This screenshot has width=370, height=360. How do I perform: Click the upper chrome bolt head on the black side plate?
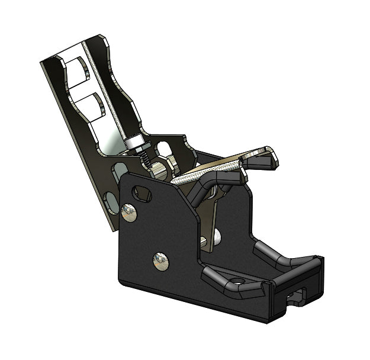[128, 211]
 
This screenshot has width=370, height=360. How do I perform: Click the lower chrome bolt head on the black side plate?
[160, 261]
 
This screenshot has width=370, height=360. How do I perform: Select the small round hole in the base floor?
[237, 280]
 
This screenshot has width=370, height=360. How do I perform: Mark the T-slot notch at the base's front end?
[296, 296]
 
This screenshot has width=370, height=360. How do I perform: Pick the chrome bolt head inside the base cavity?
[217, 237]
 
